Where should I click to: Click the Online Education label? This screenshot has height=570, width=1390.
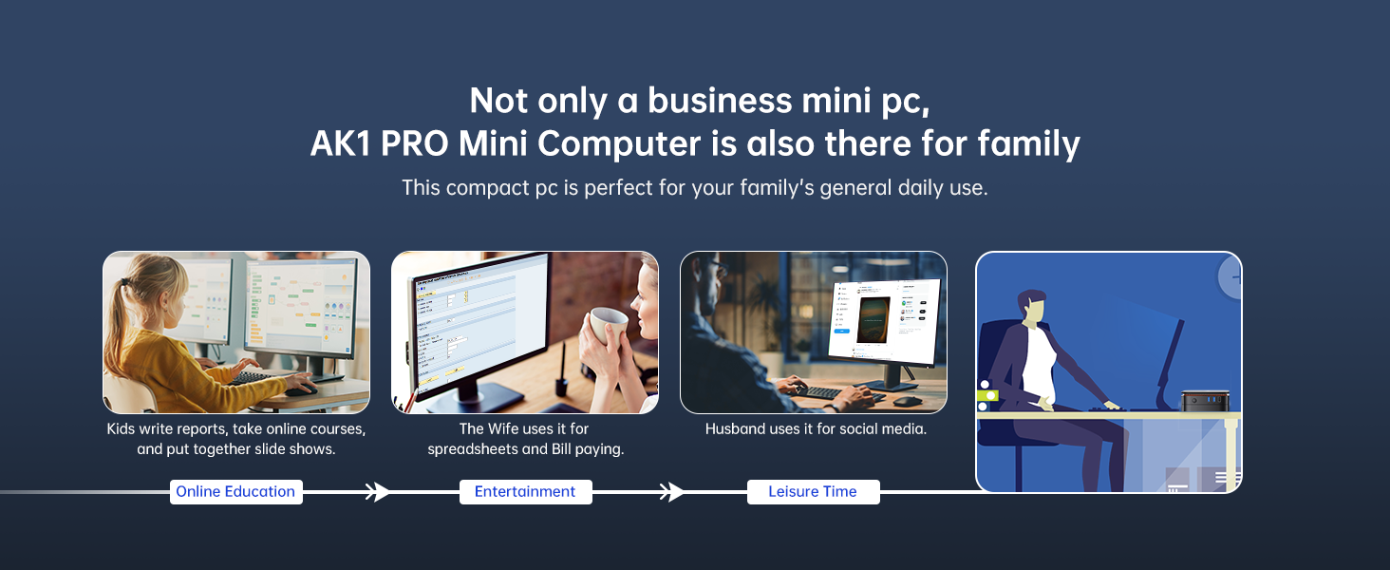click(x=235, y=492)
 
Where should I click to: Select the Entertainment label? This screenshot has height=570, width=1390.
click(x=526, y=492)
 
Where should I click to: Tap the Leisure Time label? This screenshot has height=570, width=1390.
click(x=813, y=492)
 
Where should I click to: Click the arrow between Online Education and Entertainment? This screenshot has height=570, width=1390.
click(x=377, y=492)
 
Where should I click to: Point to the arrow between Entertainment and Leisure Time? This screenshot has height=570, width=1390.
click(x=671, y=492)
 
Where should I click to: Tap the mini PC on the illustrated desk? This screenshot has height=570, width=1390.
click(x=1205, y=401)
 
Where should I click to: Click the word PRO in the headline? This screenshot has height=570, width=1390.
click(x=414, y=143)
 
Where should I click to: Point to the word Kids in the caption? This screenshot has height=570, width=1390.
click(x=121, y=429)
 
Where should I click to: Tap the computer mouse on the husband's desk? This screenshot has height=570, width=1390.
click(x=908, y=401)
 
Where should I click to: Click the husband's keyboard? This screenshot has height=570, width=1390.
click(x=829, y=393)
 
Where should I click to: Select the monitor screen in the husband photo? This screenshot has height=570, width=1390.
click(x=884, y=321)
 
